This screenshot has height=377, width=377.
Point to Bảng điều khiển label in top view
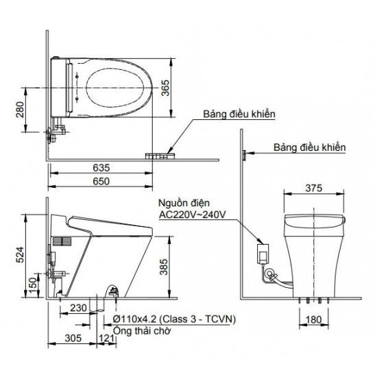pos(239,114)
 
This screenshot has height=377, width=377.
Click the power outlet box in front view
pos(263,252)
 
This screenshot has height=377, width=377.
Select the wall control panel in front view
pos(243,156)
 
